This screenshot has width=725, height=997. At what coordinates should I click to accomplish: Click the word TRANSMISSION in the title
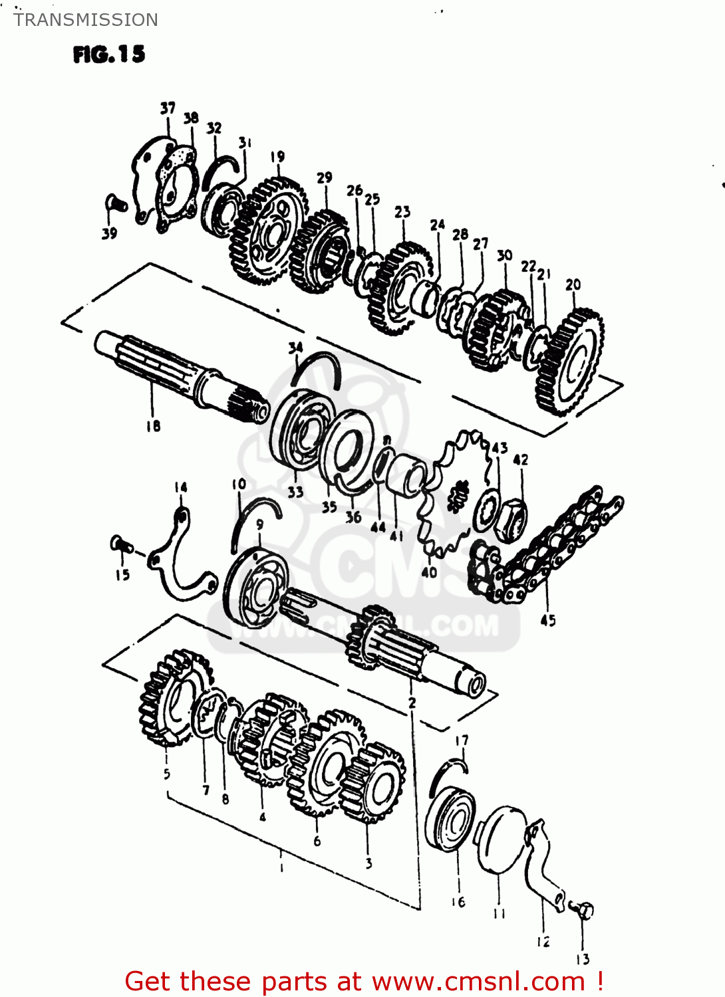(86, 20)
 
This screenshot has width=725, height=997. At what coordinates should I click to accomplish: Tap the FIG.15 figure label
(109, 54)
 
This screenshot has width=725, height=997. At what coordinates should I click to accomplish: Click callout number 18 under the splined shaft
(153, 426)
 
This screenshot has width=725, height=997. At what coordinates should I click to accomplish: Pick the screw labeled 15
(120, 545)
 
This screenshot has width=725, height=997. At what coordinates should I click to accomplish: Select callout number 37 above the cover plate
(168, 108)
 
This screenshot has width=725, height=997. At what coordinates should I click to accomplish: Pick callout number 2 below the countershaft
(412, 703)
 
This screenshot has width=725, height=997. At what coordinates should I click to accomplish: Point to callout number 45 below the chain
(547, 620)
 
